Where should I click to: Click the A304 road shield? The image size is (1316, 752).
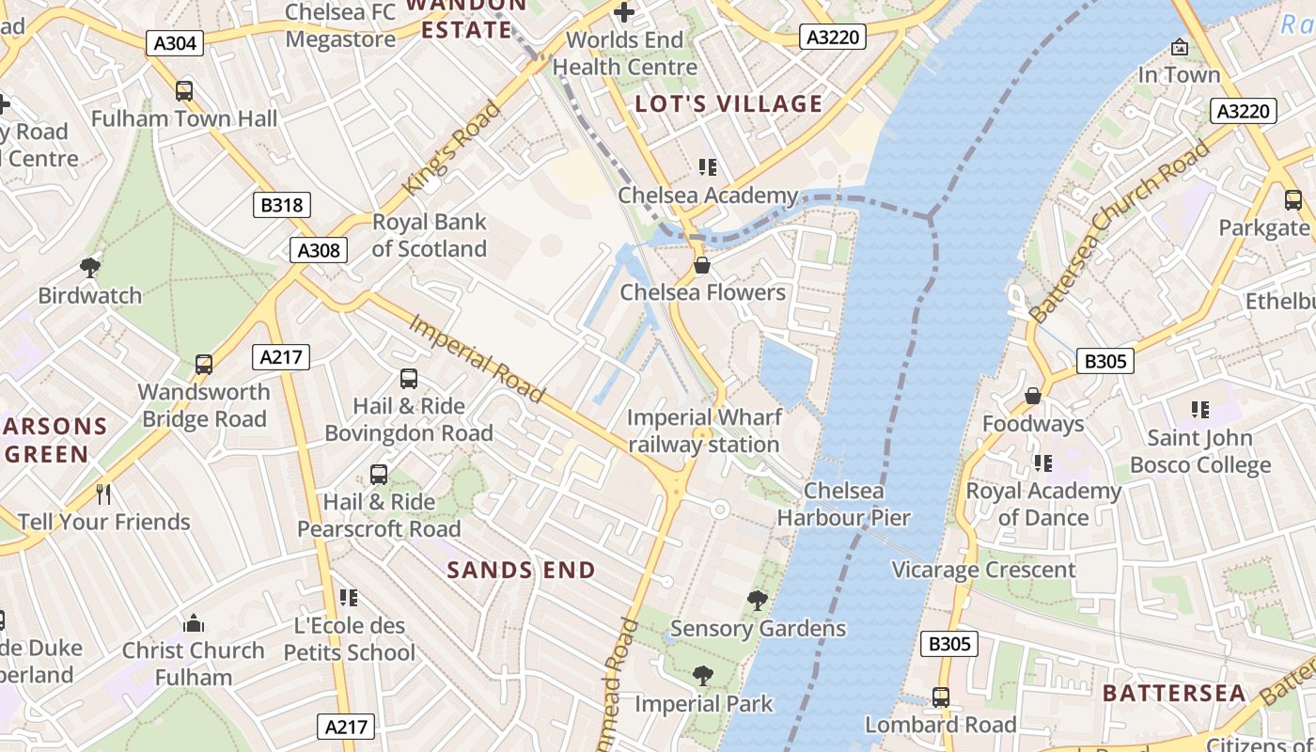[x=174, y=42]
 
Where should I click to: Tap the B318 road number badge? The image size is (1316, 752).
[x=281, y=205]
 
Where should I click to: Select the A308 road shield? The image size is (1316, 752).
[x=320, y=250]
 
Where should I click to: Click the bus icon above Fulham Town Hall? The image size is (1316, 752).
[x=184, y=91]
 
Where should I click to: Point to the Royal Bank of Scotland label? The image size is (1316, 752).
[x=429, y=236]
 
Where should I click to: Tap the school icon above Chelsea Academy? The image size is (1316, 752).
[x=707, y=168]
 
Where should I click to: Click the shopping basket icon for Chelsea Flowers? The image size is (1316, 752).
[x=701, y=266]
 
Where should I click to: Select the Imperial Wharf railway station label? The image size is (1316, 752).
[x=703, y=431]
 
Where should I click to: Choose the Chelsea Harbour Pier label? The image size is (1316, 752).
[x=843, y=504]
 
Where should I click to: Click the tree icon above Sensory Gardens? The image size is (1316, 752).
[x=757, y=601]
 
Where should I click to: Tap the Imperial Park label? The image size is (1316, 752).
[x=703, y=703]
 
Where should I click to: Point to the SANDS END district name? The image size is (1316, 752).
[x=521, y=570]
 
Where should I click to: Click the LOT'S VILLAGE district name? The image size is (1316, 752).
[x=728, y=103]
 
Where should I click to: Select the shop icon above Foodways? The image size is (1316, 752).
[x=1033, y=397]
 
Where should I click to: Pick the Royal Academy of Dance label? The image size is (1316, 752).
[x=1043, y=504]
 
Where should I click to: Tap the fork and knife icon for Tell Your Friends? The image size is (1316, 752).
[x=103, y=493]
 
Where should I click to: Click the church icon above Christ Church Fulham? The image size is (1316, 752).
[x=194, y=622]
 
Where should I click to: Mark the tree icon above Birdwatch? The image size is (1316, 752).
[x=90, y=268]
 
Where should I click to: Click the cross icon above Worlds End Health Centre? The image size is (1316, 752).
[x=624, y=13]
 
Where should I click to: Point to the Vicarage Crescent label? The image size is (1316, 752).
[x=983, y=570]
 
